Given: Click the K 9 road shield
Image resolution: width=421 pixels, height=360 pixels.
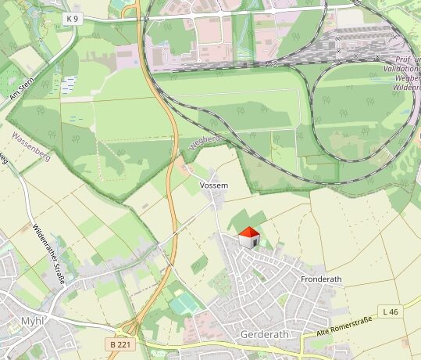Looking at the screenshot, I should pos(72,17).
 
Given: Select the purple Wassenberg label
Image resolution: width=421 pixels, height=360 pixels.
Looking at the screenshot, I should pos(31,146).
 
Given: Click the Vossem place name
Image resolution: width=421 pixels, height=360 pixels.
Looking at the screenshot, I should pos(214,185).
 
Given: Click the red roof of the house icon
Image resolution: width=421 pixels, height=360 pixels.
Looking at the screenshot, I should pos(249,232).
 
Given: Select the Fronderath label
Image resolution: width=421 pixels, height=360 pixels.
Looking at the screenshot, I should pos(322,279).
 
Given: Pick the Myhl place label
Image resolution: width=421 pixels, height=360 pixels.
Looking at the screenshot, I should pos(32,322).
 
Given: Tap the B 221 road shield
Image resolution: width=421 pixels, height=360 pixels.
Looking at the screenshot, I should pos(118,344).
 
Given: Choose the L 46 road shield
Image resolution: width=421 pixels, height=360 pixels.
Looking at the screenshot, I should pos(391,311).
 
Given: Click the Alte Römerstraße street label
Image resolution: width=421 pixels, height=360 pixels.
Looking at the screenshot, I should pos(344,327).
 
